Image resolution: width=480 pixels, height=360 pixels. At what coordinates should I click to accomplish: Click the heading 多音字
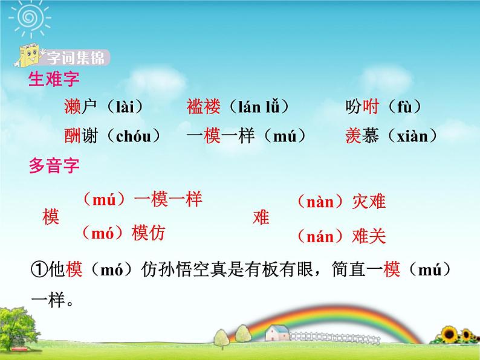click(x=54, y=166)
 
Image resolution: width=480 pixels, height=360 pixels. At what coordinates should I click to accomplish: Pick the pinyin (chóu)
click(x=131, y=136)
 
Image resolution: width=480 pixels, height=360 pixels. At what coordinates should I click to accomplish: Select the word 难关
click(x=368, y=236)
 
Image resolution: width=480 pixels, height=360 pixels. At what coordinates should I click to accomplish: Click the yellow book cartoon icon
click(x=30, y=56)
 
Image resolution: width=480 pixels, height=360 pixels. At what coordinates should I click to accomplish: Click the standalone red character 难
click(x=261, y=217)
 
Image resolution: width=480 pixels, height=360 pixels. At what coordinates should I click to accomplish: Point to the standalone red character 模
click(x=51, y=217)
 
